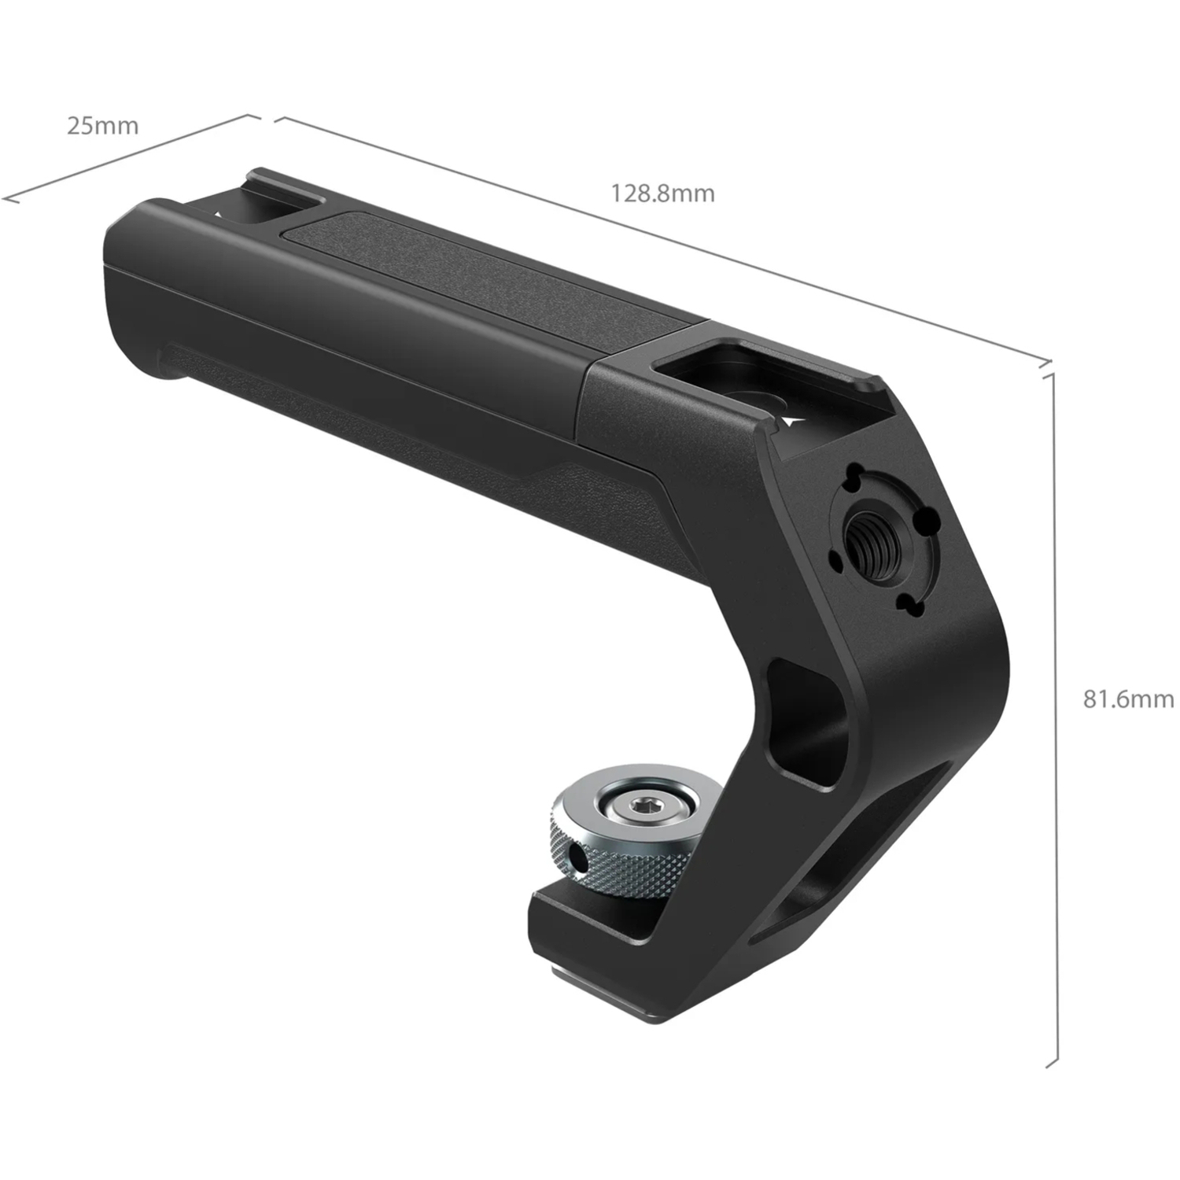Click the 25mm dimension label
(102, 125)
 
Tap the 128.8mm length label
(663, 193)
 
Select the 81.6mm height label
(1127, 699)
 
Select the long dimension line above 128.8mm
(661, 240)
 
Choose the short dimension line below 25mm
(130, 157)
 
